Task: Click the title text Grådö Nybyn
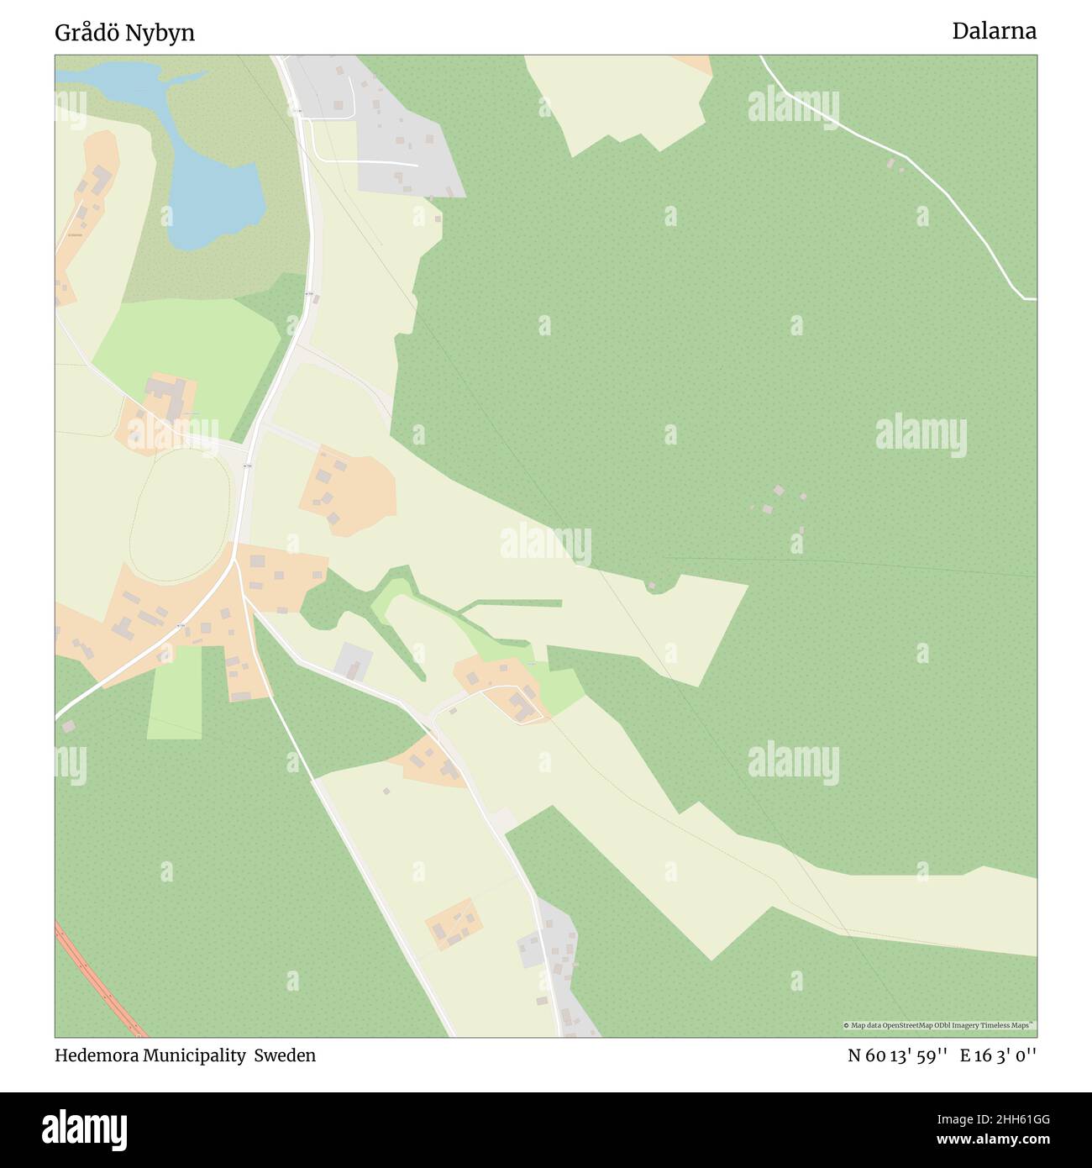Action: pyautogui.click(x=124, y=33)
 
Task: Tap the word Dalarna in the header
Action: pyautogui.click(x=994, y=31)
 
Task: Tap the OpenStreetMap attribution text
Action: pyautogui.click(x=939, y=1025)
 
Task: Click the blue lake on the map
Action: pyautogui.click(x=214, y=202)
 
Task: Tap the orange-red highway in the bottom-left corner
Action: pyautogui.click(x=101, y=979)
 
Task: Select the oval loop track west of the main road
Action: pyautogui.click(x=180, y=512)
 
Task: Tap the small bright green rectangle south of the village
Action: pyautogui.click(x=176, y=692)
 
